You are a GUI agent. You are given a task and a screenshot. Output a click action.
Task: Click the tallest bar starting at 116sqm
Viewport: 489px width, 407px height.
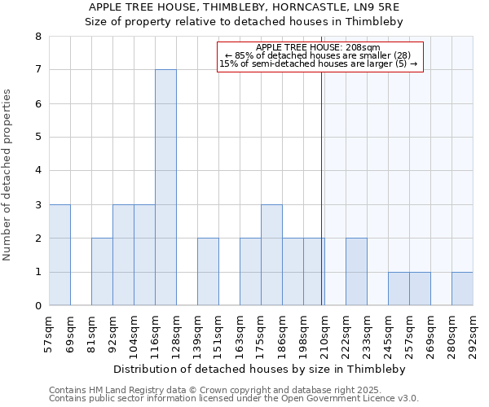[x=165, y=187]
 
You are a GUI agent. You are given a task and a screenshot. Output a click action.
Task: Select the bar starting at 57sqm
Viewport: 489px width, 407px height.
[x=59, y=255]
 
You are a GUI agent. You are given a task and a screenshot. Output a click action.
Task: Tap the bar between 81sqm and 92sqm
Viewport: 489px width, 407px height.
[x=102, y=272]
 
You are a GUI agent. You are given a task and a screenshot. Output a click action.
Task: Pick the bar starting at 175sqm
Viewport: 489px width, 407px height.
[x=271, y=255]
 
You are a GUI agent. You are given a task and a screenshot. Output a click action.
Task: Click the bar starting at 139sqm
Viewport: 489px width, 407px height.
[x=208, y=272]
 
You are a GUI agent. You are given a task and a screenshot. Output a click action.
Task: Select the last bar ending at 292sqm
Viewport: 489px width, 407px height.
[x=462, y=289]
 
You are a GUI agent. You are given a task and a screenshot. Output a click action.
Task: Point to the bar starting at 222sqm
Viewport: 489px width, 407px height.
[x=356, y=272]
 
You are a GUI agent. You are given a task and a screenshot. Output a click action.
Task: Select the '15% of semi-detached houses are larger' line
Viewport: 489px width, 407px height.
[x=319, y=63]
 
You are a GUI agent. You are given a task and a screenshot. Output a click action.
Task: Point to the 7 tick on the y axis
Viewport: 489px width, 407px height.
[x=37, y=70]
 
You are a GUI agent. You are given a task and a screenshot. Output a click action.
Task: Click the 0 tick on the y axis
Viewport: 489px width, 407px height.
[x=37, y=306]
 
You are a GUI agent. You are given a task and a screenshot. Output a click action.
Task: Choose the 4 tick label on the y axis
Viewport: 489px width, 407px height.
[x=37, y=171]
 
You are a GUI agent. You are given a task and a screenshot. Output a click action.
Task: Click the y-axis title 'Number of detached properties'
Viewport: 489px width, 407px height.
[x=8, y=176]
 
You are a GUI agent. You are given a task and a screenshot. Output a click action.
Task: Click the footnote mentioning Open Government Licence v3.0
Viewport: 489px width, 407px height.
[x=234, y=399]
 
